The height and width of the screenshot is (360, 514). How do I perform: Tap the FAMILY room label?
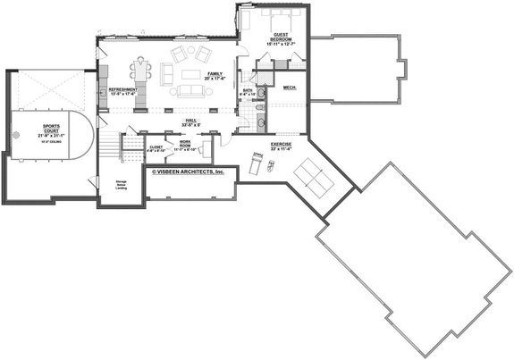pyautogui.click(x=215, y=76)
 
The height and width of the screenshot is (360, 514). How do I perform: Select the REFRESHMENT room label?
pyautogui.click(x=122, y=91)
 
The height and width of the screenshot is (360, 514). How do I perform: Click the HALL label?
pyautogui.click(x=190, y=121)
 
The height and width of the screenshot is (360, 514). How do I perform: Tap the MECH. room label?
pyautogui.click(x=290, y=88)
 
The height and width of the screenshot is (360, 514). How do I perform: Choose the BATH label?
pyautogui.click(x=248, y=91)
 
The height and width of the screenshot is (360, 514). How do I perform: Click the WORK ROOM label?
pyautogui.click(x=185, y=145)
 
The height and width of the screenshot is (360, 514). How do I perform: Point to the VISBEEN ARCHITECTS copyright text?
pyautogui.click(x=188, y=170)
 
